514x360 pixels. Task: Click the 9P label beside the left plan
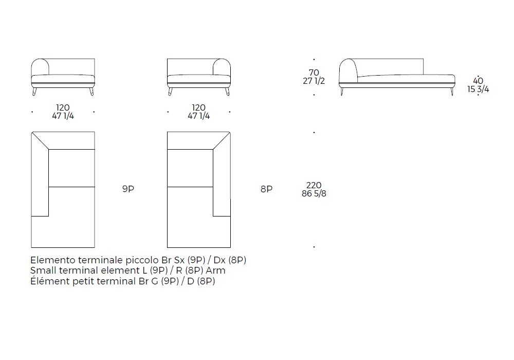coord(128,189)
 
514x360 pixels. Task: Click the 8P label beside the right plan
coord(266,189)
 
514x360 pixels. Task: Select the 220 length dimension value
coord(314,185)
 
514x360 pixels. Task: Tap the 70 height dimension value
coord(314,73)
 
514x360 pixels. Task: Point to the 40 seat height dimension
coord(478,81)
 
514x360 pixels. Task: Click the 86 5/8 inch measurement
coord(314,194)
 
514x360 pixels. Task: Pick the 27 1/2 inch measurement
coord(314,81)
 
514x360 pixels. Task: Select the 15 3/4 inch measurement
coord(478,89)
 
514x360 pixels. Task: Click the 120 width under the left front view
coord(63,107)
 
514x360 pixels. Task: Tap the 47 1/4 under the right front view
coord(198,116)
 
